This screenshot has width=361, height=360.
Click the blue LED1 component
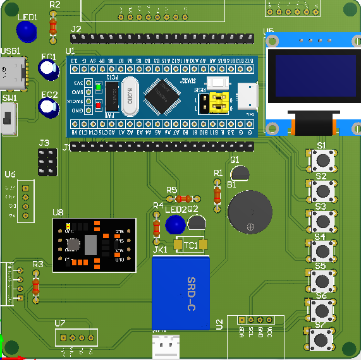(x=26, y=30)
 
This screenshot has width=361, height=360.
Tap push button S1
(x=321, y=160)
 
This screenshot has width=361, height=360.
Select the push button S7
(x=321, y=339)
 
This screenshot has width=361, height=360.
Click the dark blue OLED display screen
(x=312, y=76)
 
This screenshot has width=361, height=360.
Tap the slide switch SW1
(x=9, y=119)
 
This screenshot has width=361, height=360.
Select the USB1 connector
(x=13, y=73)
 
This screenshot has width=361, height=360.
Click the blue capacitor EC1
(x=49, y=69)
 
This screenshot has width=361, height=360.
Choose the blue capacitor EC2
(x=49, y=106)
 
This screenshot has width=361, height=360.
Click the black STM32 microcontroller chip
(x=162, y=95)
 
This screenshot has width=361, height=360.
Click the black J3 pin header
(x=45, y=163)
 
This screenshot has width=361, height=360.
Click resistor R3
(x=35, y=287)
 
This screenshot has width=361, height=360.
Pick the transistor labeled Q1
(x=240, y=172)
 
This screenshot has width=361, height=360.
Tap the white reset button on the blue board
(x=219, y=84)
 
